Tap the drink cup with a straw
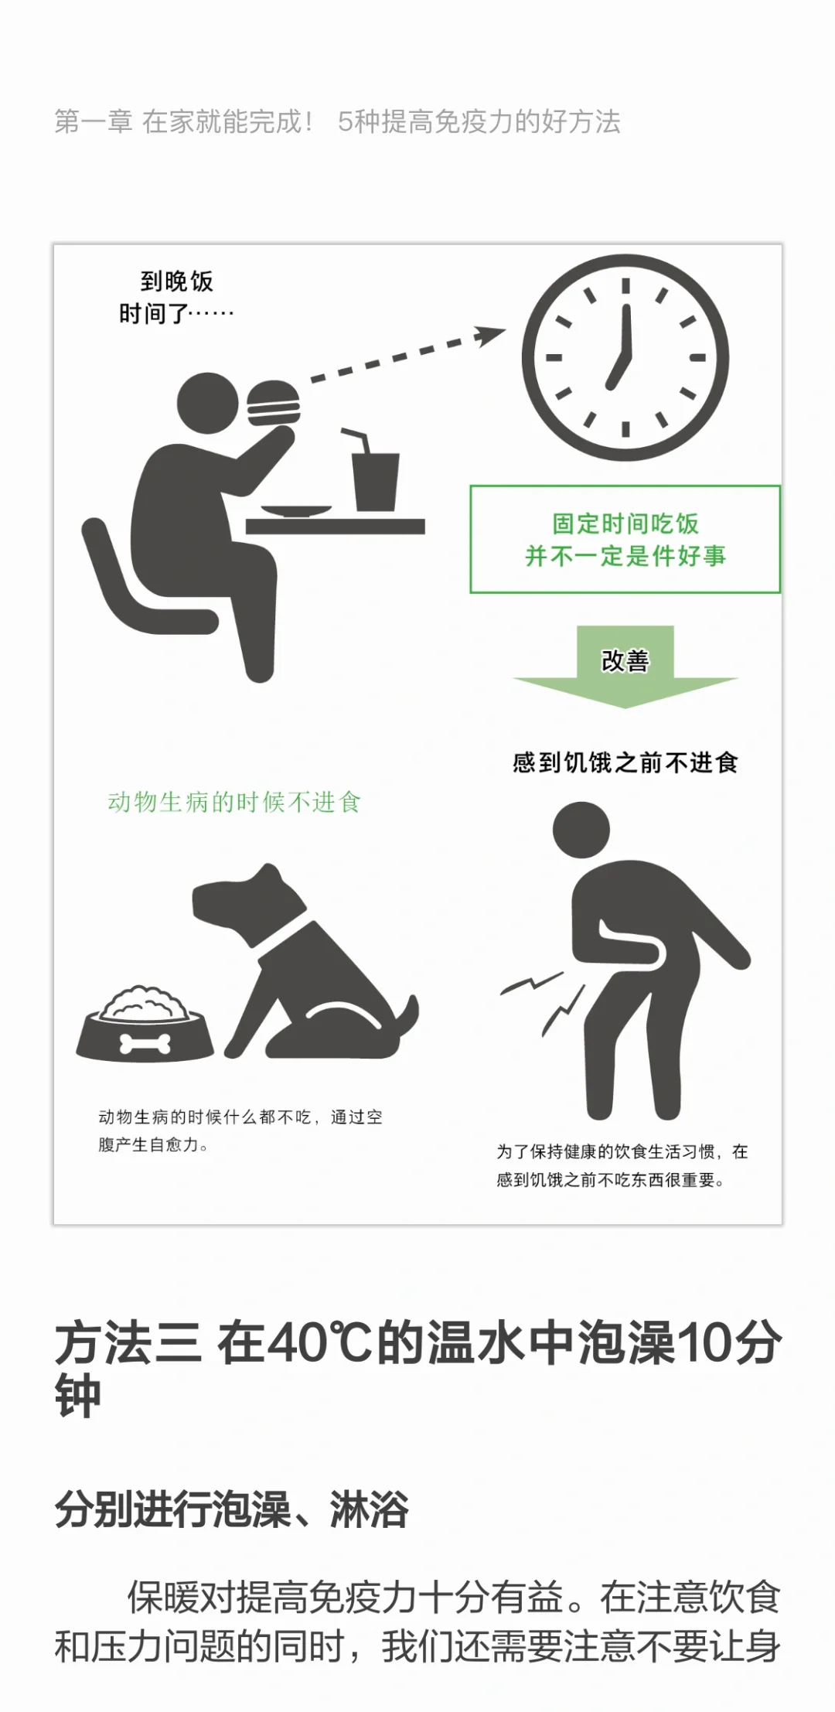(x=374, y=472)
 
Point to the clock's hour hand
(x=618, y=370)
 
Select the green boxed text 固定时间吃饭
(x=625, y=523)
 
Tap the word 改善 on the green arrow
(x=625, y=660)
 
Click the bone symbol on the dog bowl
(x=147, y=1044)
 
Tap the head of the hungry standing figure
(x=581, y=830)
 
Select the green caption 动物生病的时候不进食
(x=233, y=802)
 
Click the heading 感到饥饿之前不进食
(x=625, y=763)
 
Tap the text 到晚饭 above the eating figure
(x=176, y=281)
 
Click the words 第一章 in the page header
(x=93, y=121)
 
